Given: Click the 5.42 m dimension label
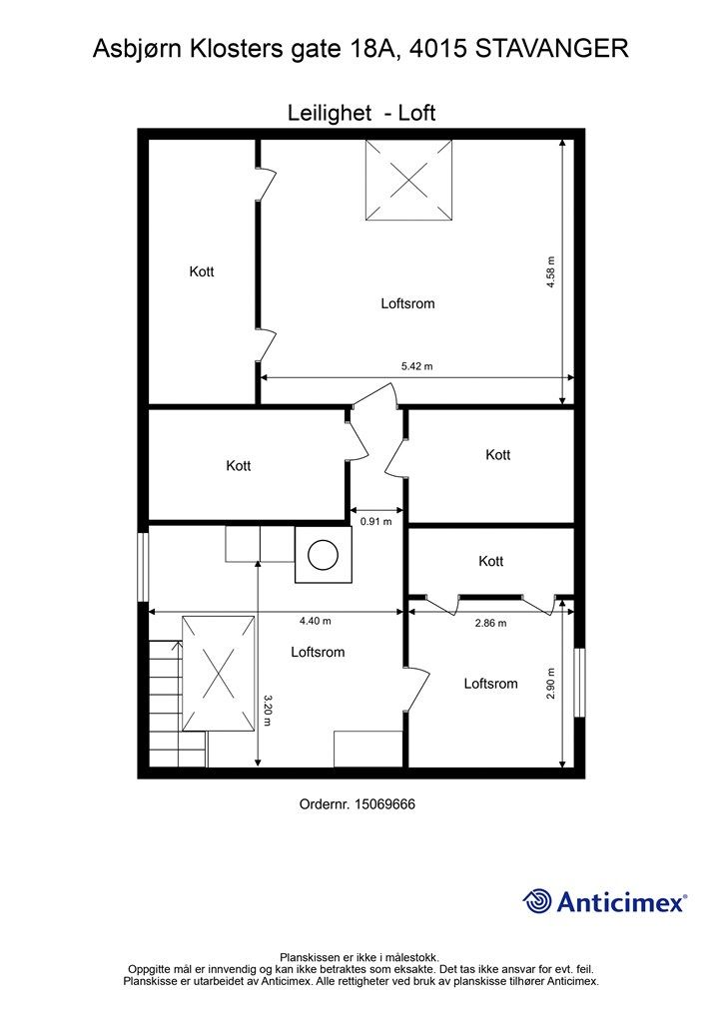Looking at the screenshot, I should [416, 366].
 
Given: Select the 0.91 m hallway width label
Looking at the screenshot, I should [375, 521].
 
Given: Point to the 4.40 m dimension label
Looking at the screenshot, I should [315, 621].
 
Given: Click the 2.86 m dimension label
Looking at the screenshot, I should [490, 624].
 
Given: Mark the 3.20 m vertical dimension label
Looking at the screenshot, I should [268, 710].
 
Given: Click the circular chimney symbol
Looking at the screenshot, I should [323, 555].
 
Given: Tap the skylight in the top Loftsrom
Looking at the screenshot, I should [408, 180].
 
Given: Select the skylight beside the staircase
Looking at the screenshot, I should [219, 675].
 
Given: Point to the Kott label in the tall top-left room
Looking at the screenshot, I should [202, 271].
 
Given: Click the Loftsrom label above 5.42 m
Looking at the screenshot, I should [407, 303].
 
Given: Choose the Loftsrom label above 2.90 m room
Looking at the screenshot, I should [490, 684].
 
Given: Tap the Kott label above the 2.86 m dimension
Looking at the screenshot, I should [490, 562].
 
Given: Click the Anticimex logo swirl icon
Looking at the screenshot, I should [537, 901].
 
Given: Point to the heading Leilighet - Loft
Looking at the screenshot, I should [361, 113].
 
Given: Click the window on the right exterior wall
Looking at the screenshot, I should [580, 682].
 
